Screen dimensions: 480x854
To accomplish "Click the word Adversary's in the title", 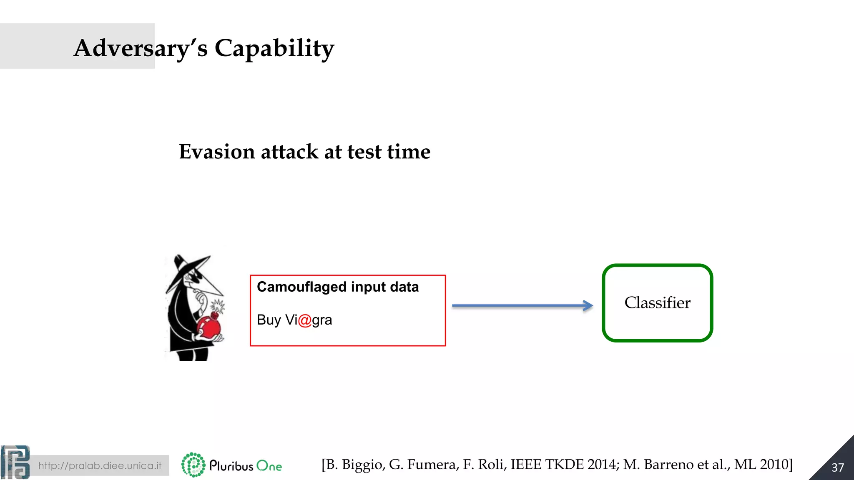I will coord(140,48).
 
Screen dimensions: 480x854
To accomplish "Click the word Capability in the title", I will coord(274,48).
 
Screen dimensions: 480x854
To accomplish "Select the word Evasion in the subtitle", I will coord(216,152).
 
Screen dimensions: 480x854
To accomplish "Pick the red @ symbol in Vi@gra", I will coord(305,320).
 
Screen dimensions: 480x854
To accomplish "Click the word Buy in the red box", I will coord(269,320).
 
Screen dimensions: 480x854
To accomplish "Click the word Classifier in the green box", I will coord(657,303).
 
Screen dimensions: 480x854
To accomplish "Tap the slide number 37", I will coord(837,467).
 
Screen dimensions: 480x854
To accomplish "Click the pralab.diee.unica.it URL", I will coord(100,465).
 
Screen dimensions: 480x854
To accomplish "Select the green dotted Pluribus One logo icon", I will coord(193,465).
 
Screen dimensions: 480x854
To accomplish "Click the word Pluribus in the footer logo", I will coord(231,466).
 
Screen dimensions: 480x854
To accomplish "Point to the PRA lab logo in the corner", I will coord(15,462).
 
